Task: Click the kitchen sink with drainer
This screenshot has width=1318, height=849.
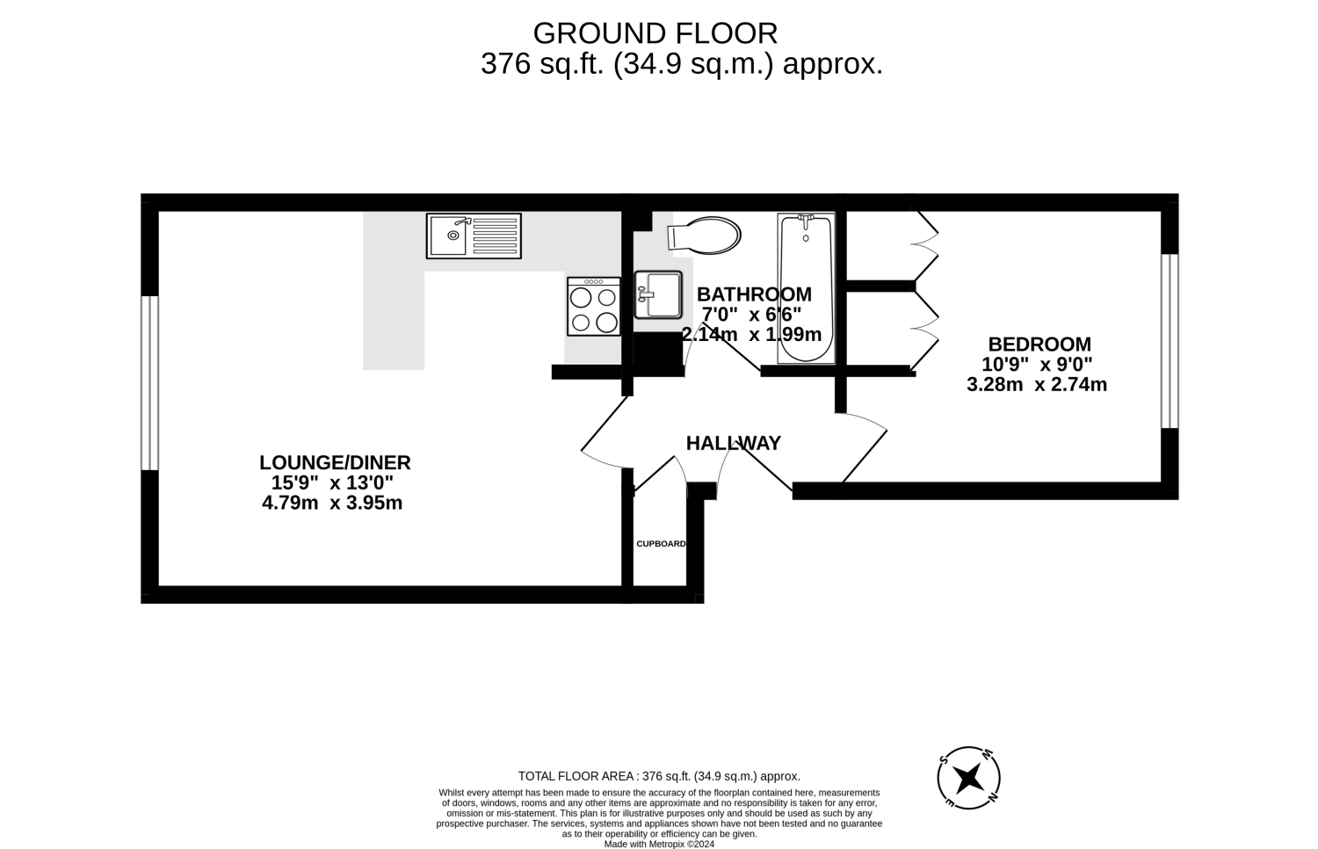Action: tap(474, 236)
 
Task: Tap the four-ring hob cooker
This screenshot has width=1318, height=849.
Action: tap(594, 307)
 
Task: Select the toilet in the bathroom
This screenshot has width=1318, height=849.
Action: tap(704, 236)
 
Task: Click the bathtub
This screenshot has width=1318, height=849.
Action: tap(806, 288)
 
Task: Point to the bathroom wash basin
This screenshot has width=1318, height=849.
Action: tap(658, 294)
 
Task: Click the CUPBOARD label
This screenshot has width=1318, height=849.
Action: tap(661, 544)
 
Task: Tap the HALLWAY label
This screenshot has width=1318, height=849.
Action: tap(733, 443)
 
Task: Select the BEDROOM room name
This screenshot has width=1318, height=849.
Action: tap(1039, 345)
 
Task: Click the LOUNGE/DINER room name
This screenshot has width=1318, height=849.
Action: tap(335, 462)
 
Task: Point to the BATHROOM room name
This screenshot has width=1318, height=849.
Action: tap(754, 294)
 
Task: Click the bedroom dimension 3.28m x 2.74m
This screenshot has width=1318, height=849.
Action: tap(1037, 385)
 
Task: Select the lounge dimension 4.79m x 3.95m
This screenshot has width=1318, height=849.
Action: tap(332, 503)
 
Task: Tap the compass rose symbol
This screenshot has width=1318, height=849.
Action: tap(968, 778)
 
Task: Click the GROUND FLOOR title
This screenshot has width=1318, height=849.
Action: tap(655, 33)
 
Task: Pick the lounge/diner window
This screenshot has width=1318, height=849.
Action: tap(149, 383)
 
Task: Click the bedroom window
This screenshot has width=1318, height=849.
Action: tap(1170, 341)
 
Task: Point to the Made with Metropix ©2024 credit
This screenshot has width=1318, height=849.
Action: tap(659, 844)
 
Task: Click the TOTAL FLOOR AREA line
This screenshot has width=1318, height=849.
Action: tap(659, 776)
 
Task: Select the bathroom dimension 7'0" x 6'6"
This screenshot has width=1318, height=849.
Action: tap(751, 315)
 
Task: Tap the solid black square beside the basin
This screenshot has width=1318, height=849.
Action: tap(658, 353)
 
